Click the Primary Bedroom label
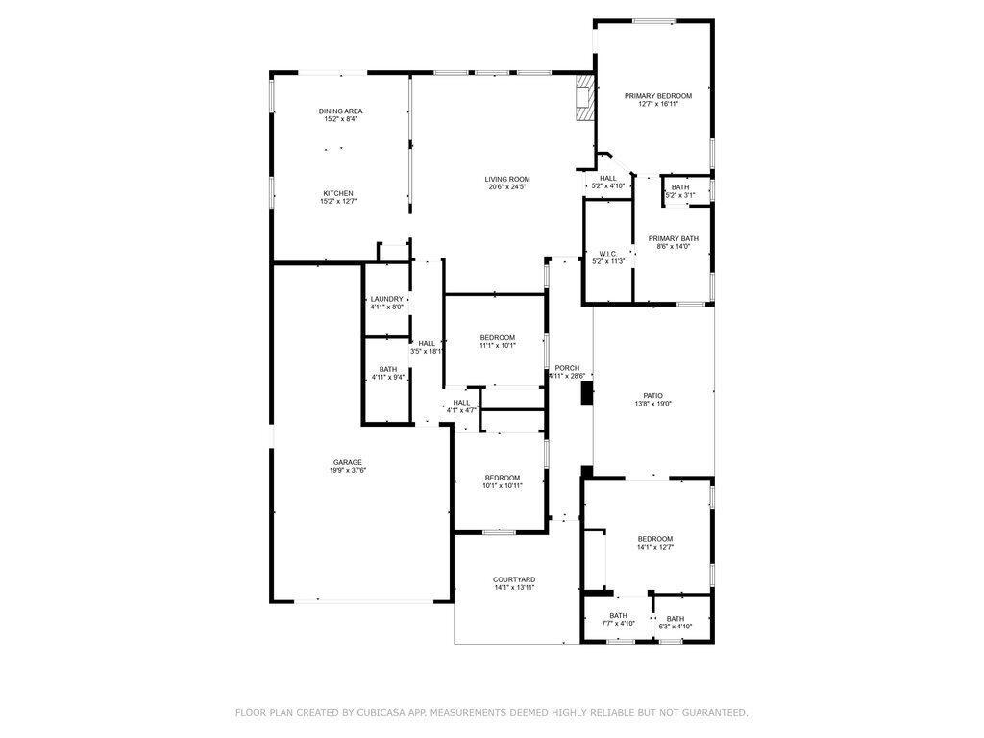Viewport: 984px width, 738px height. click(657, 96)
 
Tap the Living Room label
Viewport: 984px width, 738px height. click(506, 179)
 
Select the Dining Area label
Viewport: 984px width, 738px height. click(341, 111)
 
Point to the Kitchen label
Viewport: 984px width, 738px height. click(337, 193)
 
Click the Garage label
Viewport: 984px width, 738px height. click(348, 462)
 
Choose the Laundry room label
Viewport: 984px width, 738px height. click(387, 299)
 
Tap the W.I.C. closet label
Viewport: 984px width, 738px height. click(608, 254)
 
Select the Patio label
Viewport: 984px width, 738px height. click(652, 396)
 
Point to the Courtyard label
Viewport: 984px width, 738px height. click(514, 579)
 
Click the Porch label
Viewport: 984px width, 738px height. click(567, 367)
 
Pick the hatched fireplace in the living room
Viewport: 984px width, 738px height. click(583, 98)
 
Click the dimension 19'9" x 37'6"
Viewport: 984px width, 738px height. click(348, 470)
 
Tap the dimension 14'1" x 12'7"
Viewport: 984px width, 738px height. click(654, 547)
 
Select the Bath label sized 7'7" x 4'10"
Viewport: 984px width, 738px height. click(618, 615)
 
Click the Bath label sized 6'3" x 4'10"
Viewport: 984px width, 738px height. click(676, 619)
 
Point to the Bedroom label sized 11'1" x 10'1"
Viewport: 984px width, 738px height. click(498, 337)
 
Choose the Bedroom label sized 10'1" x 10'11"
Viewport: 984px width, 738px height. click(502, 478)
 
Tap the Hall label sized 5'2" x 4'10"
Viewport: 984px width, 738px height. click(608, 178)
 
